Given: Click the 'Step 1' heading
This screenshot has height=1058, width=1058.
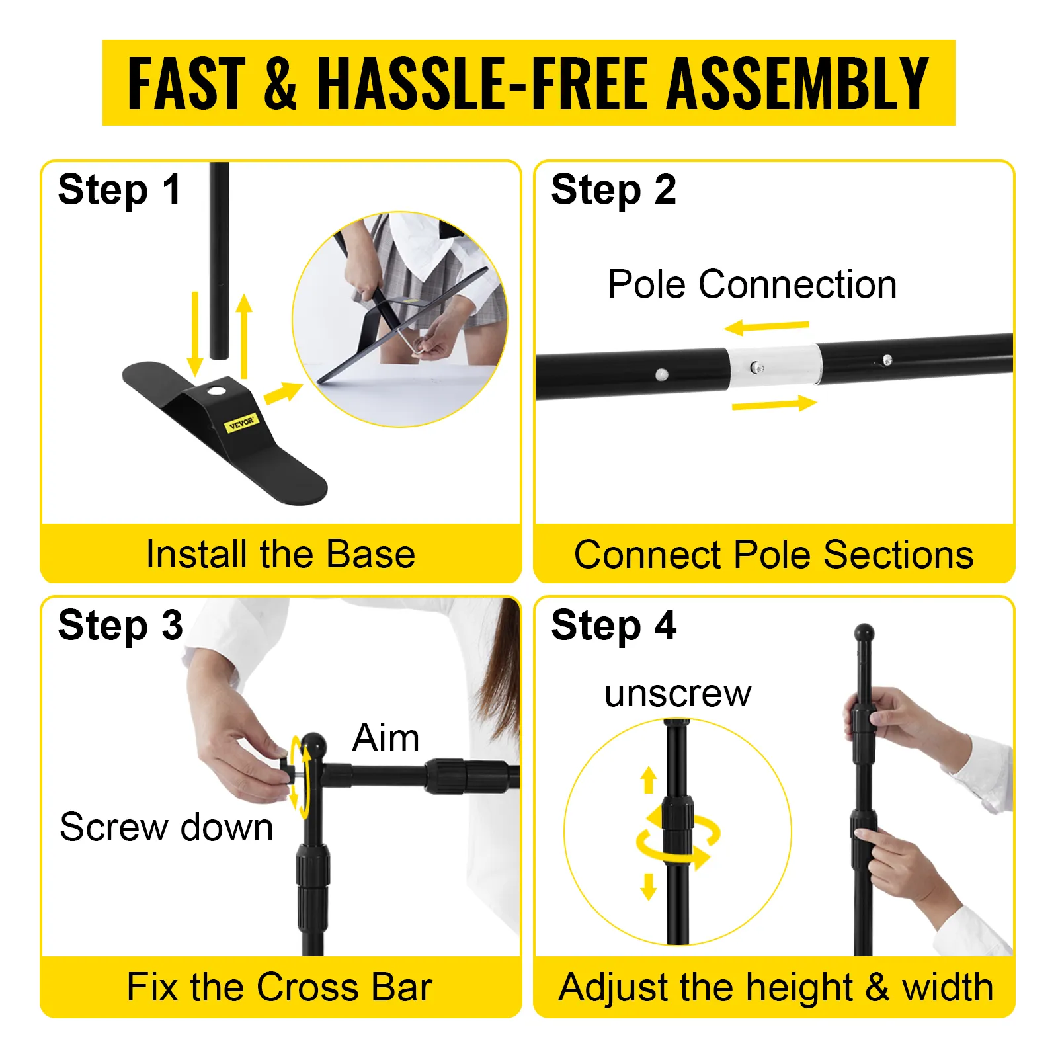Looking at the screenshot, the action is coord(119,190).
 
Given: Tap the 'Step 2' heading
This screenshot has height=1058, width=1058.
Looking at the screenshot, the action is coord(614,190).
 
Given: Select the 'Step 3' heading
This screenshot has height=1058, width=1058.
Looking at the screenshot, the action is coord(120,626).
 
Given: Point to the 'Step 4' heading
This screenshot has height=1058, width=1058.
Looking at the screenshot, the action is coord(614,626).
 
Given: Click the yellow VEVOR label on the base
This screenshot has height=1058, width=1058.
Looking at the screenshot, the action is coord(241,422).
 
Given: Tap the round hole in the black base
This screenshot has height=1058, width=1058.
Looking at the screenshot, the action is coord(216,391).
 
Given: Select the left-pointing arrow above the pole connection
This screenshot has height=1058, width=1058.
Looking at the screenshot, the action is coord(766,327).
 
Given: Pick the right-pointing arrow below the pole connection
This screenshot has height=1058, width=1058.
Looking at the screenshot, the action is coord(774,403).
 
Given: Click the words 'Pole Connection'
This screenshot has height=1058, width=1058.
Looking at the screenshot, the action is coord(752,284).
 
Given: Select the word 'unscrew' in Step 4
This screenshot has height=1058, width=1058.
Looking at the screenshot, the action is coord(678,694).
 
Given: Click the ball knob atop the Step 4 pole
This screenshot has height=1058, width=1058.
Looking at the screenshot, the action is coord(864,633).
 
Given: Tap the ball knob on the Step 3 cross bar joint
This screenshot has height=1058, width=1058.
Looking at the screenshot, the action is coord(313,745).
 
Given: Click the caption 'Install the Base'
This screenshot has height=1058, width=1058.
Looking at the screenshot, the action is coord(280,554).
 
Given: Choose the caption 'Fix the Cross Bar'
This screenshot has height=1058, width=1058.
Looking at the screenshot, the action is coord(279,987).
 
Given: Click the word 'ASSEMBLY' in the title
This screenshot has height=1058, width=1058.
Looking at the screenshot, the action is coord(797,83).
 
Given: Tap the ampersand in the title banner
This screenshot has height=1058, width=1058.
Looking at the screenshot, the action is coord(281,83).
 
